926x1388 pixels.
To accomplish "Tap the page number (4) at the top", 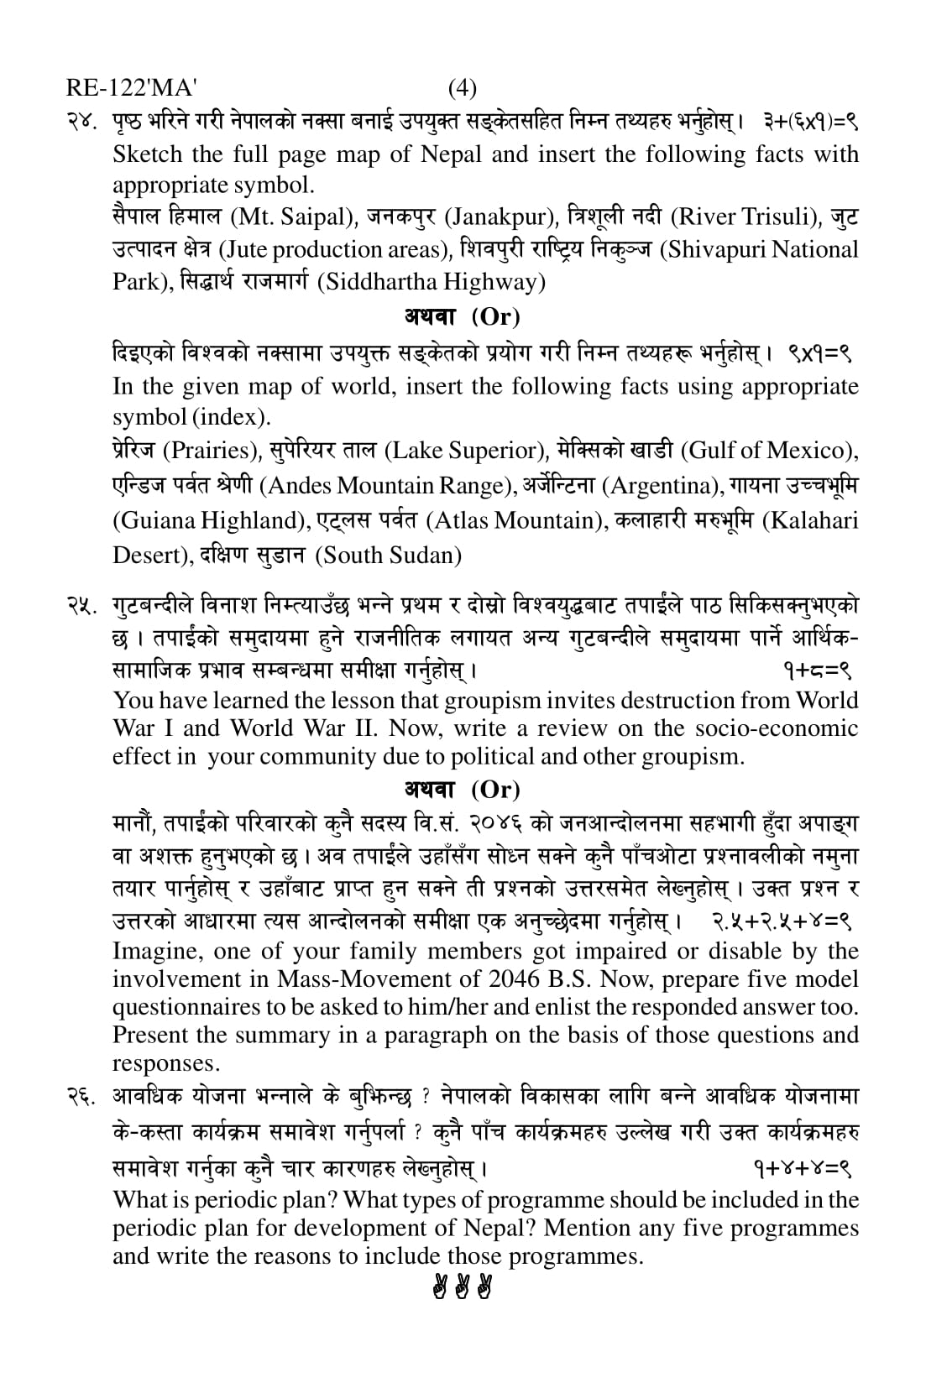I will [463, 88].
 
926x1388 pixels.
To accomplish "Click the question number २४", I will [85, 123].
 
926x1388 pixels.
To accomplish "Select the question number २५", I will [85, 605].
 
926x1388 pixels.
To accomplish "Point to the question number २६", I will [85, 1097].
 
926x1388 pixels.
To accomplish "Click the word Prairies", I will [210, 451].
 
